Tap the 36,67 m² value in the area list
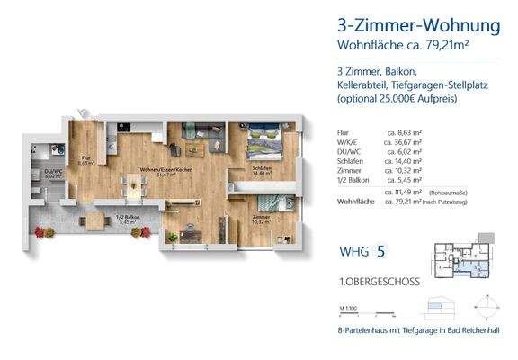[x=403, y=142]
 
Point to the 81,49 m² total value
[x=402, y=192]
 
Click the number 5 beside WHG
[x=381, y=252]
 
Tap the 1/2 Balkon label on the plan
[x=106, y=215]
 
